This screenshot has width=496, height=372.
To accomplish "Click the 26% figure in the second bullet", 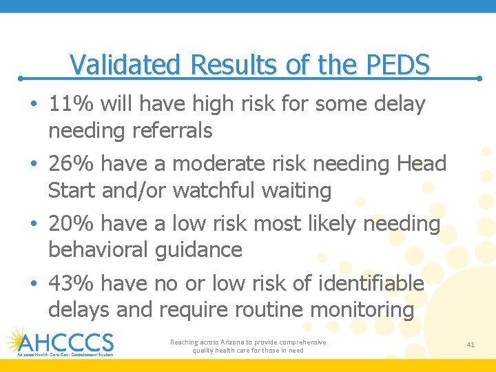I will pyautogui.click(x=72, y=164).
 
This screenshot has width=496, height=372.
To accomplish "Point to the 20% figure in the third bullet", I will pyautogui.click(x=72, y=223).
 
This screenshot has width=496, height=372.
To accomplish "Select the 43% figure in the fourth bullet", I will pyautogui.click(x=72, y=283).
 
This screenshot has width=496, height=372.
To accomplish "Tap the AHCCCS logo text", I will pyautogui.click(x=66, y=342).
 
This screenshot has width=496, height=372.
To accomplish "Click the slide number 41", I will pyautogui.click(x=471, y=344).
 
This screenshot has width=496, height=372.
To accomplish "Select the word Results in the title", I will pyautogui.click(x=235, y=65).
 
